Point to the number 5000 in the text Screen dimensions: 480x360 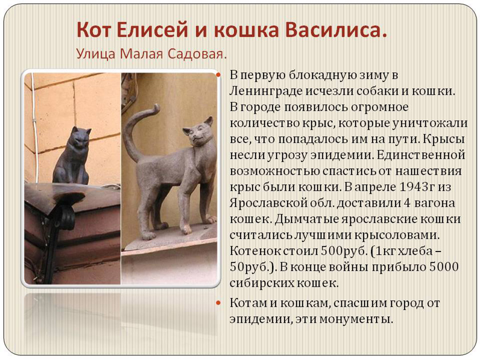444,266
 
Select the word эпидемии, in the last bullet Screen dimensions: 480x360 258,319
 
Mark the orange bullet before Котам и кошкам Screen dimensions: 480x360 218,303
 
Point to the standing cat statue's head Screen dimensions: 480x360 198,132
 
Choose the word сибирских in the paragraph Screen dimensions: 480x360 262,283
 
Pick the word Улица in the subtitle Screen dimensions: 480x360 96,54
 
